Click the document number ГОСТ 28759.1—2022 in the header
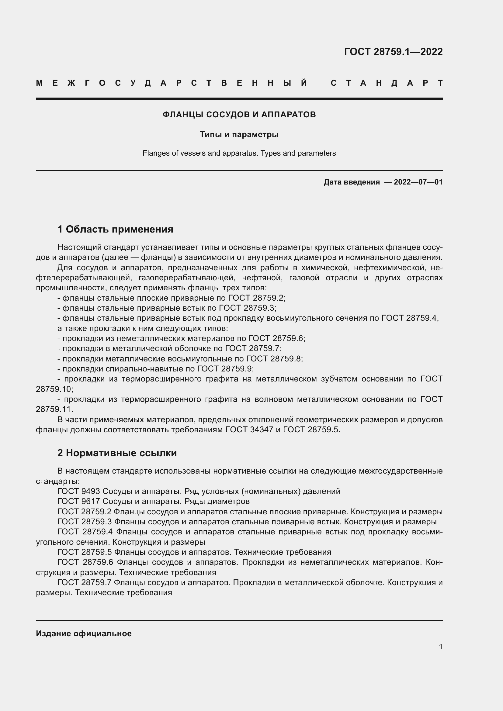[x=393, y=52]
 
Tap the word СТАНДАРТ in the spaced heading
[x=387, y=83]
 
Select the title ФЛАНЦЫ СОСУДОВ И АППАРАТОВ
[x=239, y=115]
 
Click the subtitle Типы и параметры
[x=239, y=134]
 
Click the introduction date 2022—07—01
[x=418, y=182]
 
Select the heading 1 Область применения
[x=115, y=230]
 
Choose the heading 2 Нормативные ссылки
[x=117, y=453]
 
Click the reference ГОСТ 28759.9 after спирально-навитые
[x=225, y=369]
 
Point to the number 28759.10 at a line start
[x=54, y=389]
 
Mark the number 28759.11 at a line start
[x=54, y=409]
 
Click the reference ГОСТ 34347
[x=251, y=430]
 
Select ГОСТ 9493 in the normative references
[x=79, y=492]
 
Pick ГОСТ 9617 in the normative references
[x=79, y=501]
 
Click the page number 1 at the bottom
[x=441, y=647]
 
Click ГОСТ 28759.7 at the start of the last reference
[x=84, y=583]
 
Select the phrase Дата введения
[x=352, y=182]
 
